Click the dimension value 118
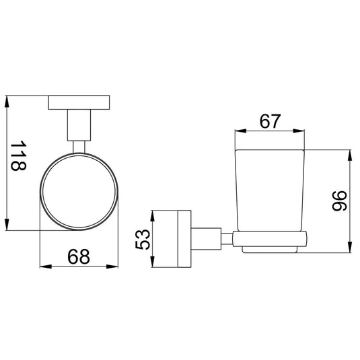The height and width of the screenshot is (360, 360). point(18,156)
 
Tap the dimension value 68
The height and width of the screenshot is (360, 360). point(79,256)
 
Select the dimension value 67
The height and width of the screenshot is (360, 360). point(270,121)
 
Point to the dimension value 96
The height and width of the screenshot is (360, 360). point(340,201)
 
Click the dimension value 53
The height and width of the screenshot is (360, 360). point(143,239)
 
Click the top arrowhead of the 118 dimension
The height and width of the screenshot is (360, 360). point(7,101)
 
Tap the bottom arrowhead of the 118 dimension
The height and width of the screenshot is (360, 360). point(7,224)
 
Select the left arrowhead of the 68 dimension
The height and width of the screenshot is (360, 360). point(46,266)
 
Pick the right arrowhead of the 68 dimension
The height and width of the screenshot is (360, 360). point(112,266)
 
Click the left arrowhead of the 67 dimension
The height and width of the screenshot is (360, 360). point(241,131)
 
